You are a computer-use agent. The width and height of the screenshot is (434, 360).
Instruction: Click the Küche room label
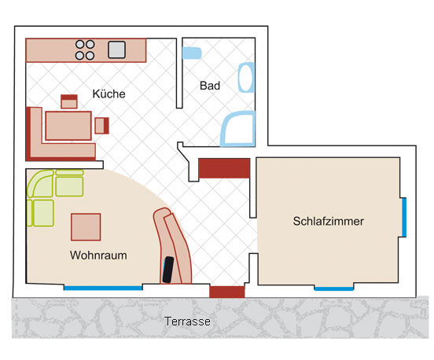pos(108,94)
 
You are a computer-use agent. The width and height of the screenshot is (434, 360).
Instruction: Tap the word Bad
pos(210,86)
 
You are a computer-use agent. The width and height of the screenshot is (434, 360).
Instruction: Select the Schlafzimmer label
pos(329,221)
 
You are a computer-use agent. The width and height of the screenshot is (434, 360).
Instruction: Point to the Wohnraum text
pos(98,255)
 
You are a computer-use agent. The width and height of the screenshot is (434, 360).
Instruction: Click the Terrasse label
pos(187,321)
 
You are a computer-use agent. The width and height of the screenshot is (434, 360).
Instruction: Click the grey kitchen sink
pos(116,50)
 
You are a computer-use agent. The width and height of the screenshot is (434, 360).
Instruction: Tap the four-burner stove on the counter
pos(85,50)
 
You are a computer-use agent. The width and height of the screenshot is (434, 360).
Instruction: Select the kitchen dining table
pos(68,126)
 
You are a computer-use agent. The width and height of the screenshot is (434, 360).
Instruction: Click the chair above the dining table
pos(69,101)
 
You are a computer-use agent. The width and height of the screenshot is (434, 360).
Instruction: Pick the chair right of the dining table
pos(102,126)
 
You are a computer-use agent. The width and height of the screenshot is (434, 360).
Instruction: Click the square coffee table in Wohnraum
pos(86,227)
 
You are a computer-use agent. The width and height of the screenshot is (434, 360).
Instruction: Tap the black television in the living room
pos(168,270)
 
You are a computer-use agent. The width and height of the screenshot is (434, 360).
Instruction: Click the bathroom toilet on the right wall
pos(246,78)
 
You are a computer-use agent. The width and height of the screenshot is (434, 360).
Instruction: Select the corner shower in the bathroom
pos(237,129)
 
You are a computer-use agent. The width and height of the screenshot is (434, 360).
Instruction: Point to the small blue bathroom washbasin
pos(192,53)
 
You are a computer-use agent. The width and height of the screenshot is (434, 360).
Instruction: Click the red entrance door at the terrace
pos(227,292)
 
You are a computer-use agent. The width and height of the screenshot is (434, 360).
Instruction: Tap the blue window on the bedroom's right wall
pos(404,217)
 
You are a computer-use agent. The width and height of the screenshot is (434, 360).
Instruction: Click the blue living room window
pos(103,288)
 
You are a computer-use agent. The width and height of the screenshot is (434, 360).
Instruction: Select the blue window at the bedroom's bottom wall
pos(334,289)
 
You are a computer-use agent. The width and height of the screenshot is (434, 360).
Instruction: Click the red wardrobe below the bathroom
pos(224,168)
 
